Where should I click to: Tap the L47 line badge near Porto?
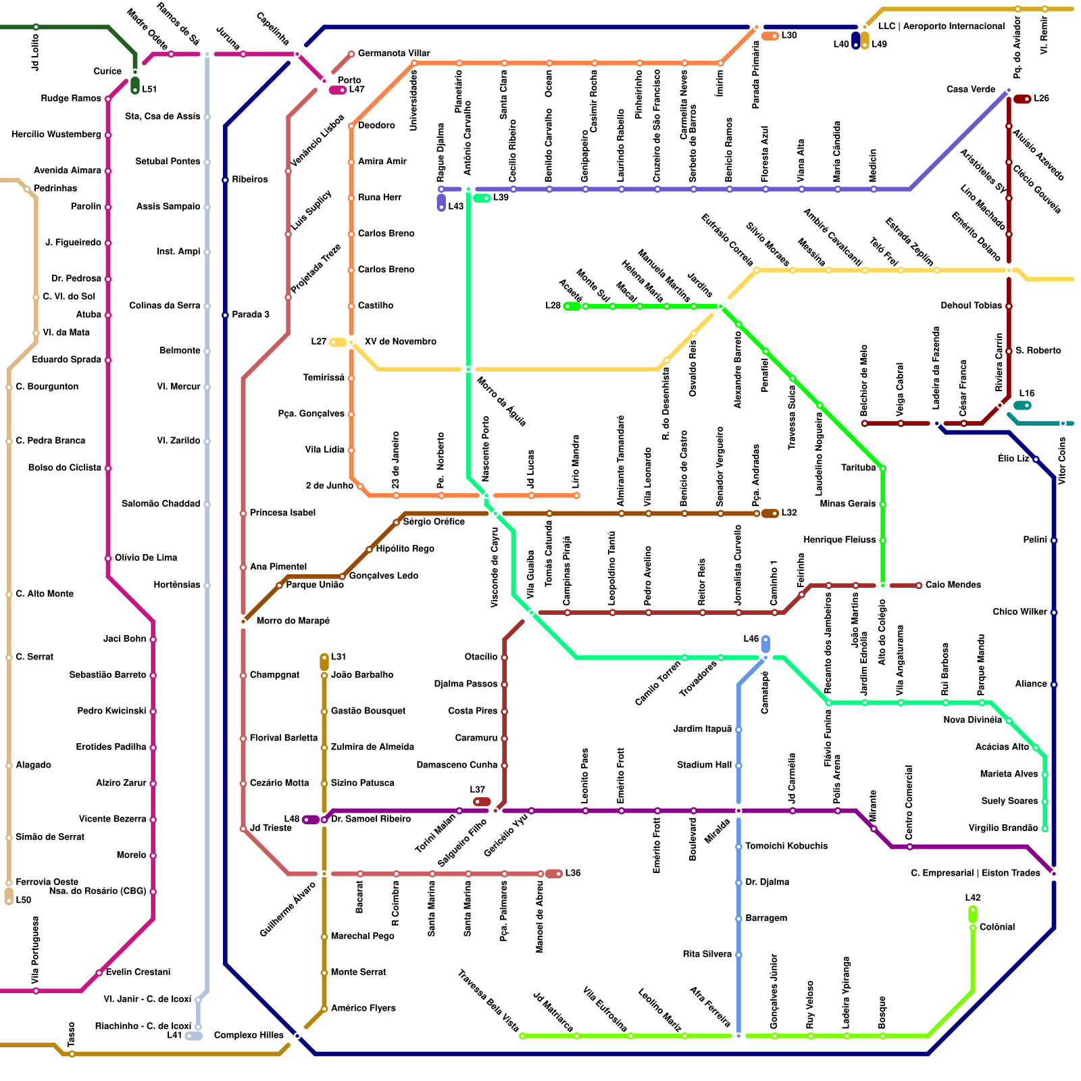coord(338,90)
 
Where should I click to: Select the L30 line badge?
coord(770,36)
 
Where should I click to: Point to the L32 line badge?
coord(770,513)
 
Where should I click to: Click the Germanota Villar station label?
coord(394,53)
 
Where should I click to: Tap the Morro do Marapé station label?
coord(293,621)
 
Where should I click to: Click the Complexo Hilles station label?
coord(249,1035)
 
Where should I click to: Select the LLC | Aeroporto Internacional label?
coord(941,26)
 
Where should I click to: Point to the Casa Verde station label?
coord(970,89)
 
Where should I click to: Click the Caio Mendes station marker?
coord(919,585)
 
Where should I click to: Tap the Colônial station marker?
coord(973,928)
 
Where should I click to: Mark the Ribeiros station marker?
coord(225,180)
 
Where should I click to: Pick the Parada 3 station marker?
coord(225,315)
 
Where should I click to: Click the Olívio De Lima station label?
coord(146,558)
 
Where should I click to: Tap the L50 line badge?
coord(9,897)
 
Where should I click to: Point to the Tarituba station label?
coord(858,468)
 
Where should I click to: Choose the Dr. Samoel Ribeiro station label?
coord(371,820)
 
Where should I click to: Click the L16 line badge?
coord(1022,405)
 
